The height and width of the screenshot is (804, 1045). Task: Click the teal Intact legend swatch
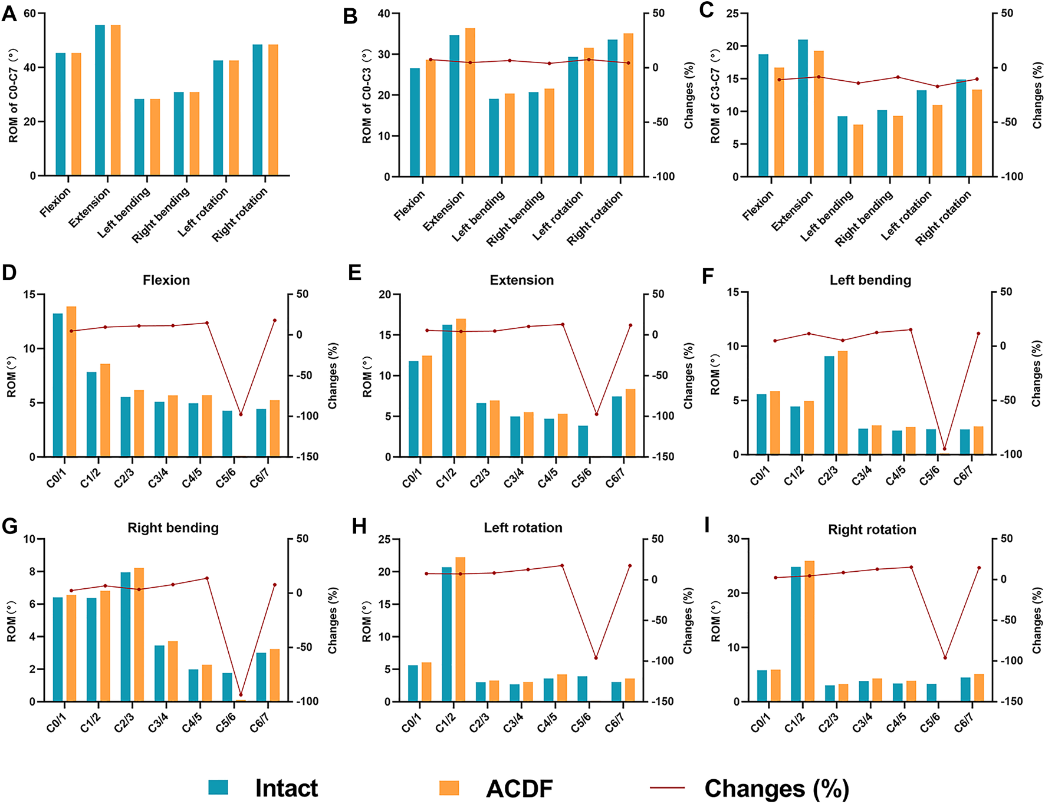(218, 787)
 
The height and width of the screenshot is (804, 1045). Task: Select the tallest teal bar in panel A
(100, 100)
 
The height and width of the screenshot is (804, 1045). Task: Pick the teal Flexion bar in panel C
(763, 115)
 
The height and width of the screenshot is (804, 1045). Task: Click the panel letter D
(9, 273)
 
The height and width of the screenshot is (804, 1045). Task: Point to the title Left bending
(870, 280)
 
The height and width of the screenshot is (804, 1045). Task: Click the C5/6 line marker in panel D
(241, 414)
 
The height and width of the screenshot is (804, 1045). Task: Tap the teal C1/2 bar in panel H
(447, 634)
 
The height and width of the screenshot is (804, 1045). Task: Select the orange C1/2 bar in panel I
(809, 631)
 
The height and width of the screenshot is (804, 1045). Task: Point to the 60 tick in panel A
(30, 13)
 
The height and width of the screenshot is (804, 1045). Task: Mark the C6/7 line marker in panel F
(978, 334)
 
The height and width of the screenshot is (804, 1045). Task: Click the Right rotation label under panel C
(944, 218)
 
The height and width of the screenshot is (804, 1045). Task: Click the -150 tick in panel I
(1011, 701)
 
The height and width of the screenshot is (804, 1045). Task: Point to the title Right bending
(173, 528)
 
